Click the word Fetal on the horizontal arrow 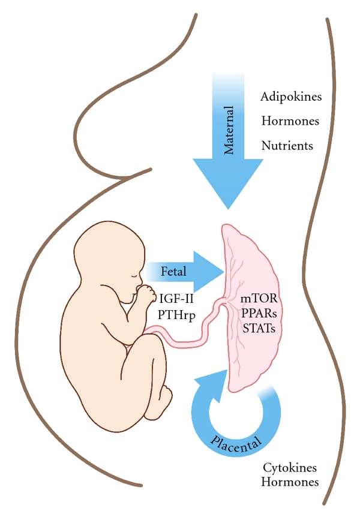point(174,272)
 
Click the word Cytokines point(291,467)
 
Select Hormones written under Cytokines point(291,482)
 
